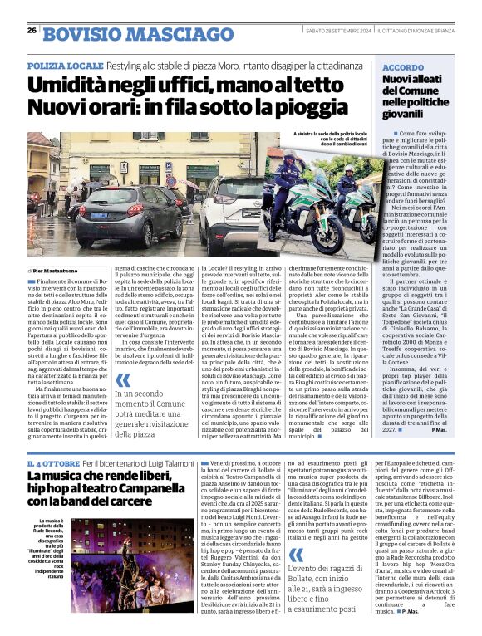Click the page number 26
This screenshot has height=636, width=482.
[32, 31]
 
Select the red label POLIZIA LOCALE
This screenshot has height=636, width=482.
[65, 64]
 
